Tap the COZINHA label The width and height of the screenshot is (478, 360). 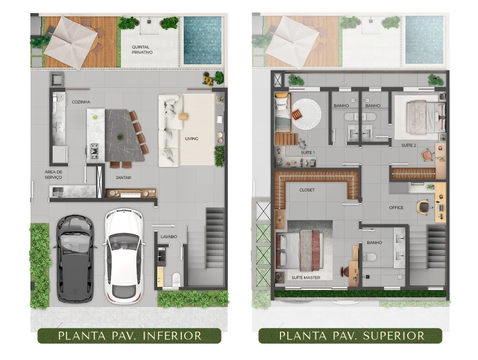(x=81, y=102)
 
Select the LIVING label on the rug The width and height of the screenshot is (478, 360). (x=192, y=139)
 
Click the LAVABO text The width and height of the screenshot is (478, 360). (x=169, y=236)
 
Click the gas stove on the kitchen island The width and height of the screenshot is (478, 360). (x=94, y=151)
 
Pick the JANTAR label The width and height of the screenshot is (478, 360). (x=123, y=178)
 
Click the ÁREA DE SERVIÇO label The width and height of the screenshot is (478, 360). (x=53, y=175)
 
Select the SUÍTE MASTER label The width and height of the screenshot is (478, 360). (x=306, y=278)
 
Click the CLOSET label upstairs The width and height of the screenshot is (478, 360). (x=307, y=190)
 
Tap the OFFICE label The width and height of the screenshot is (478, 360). (x=396, y=208)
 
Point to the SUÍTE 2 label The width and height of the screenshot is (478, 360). (x=409, y=145)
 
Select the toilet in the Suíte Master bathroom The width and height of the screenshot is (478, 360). (x=369, y=257)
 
